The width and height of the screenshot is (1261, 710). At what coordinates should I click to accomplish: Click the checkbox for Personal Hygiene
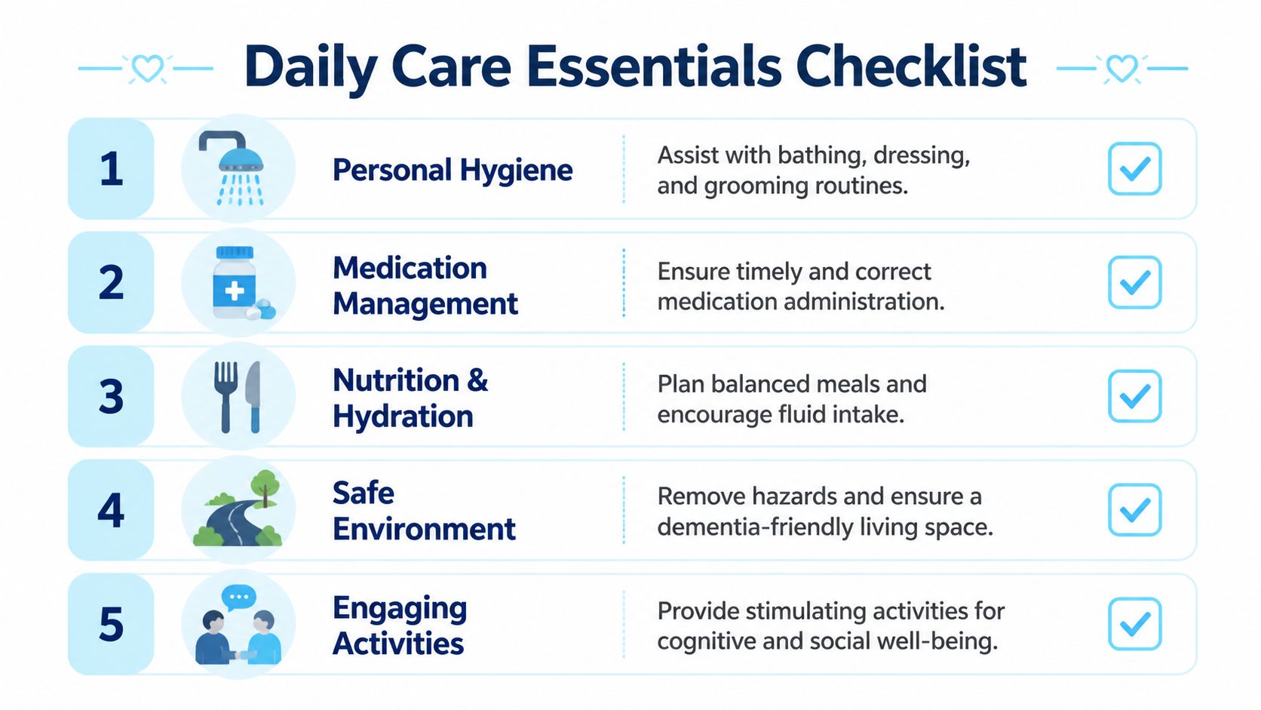(x=1134, y=169)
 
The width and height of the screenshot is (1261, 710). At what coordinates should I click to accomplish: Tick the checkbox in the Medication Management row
(x=1134, y=282)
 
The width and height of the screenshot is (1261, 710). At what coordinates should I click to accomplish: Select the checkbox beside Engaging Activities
(x=1134, y=623)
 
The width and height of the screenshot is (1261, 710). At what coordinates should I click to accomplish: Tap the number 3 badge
(x=111, y=396)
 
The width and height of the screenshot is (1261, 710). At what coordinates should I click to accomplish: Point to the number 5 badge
(x=111, y=624)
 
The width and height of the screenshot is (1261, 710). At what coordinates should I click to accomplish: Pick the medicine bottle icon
(x=235, y=283)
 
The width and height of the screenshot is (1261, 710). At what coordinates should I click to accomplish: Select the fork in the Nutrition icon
(x=226, y=397)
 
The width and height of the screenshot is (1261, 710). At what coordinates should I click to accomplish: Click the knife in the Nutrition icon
(x=253, y=397)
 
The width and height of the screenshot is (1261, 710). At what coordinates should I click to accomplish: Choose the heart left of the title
(x=147, y=69)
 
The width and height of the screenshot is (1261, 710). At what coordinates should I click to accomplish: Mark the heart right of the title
(x=1121, y=69)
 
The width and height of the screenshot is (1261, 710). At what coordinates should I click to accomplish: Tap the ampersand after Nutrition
(x=477, y=380)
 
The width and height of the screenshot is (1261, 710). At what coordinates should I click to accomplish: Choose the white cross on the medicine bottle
(x=235, y=291)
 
